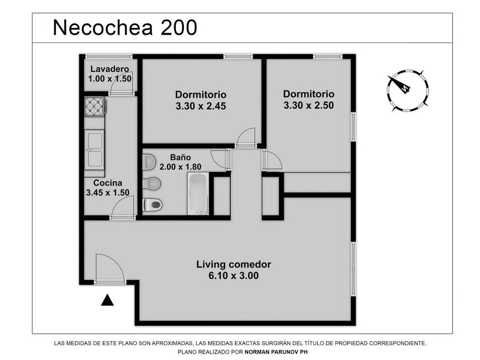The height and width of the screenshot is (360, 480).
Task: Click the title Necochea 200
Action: [125, 27]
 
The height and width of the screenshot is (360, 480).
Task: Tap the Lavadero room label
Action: [110, 69]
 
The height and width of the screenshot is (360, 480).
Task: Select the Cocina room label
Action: [108, 183]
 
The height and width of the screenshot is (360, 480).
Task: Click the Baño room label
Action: [181, 157]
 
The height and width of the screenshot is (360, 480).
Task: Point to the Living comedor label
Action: [234, 265]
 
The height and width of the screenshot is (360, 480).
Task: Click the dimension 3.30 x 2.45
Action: [201, 106]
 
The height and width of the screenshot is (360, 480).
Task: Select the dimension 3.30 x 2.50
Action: [309, 105]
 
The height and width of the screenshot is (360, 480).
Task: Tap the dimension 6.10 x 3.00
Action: [234, 275]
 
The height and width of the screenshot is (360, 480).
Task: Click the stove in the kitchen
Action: [95, 106]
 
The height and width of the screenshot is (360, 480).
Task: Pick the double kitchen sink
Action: [94, 150]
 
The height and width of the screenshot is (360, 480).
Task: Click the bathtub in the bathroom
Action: [198, 194]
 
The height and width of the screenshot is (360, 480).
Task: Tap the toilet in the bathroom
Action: [152, 205]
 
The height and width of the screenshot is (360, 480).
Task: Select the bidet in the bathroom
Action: [152, 183]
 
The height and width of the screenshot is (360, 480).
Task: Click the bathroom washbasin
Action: [149, 161]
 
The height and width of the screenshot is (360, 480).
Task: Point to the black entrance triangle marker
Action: [107, 301]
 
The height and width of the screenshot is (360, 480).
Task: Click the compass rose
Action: [407, 91]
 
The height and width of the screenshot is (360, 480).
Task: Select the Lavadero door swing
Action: [122, 85]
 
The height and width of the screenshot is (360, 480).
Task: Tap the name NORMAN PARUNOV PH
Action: [276, 352]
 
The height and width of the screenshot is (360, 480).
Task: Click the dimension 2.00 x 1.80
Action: [181, 167]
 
